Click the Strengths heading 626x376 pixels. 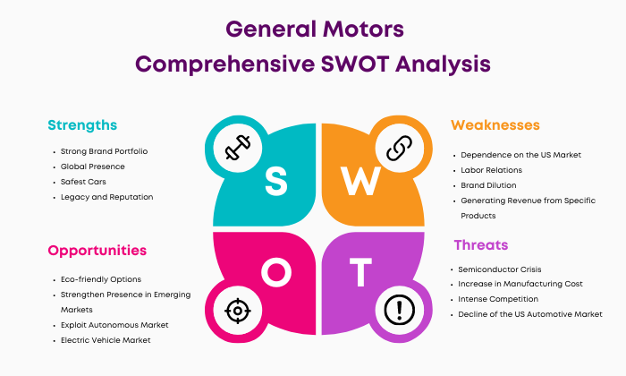pos(82,125)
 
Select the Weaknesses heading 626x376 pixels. pos(495,125)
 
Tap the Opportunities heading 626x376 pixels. pos(97,251)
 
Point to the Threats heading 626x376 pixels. pos(481,244)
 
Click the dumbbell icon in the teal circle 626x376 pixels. pos(238,148)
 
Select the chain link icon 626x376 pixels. pos(399,148)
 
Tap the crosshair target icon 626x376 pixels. pos(238,311)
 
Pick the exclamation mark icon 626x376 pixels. pos(399,310)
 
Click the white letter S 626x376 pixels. pos(275,181)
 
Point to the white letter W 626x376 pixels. pos(360,181)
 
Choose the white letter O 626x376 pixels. pos(276,272)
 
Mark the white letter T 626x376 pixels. pos(361,272)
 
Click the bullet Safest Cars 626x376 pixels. pos(83,182)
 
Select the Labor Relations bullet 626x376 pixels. pos(492,170)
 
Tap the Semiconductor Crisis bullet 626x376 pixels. pos(499,269)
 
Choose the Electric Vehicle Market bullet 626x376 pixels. pos(106,340)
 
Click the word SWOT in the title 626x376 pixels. pos(355,64)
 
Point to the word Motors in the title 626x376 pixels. pos(363,30)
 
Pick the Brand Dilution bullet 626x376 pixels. pos(488,185)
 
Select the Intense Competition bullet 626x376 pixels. pos(498,299)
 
